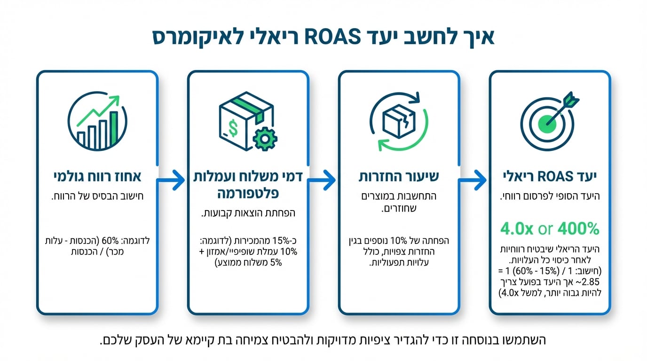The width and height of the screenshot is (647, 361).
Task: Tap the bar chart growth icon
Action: [97, 122]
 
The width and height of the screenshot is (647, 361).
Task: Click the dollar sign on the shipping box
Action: [232, 126]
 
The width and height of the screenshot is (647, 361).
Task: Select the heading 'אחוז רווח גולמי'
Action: [97, 177]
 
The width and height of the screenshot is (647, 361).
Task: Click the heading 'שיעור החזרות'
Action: [399, 177]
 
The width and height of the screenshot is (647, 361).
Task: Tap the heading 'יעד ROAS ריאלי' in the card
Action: [550, 177]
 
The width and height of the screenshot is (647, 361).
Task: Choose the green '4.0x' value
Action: [517, 229]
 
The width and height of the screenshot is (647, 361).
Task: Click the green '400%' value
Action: [578, 229]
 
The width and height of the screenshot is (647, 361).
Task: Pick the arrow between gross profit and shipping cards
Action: [173, 180]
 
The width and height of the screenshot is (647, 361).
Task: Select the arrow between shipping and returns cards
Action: [323, 180]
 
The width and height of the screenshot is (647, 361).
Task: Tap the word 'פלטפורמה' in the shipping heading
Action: [248, 193]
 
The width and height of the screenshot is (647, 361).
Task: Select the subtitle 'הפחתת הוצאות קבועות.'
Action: [248, 213]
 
